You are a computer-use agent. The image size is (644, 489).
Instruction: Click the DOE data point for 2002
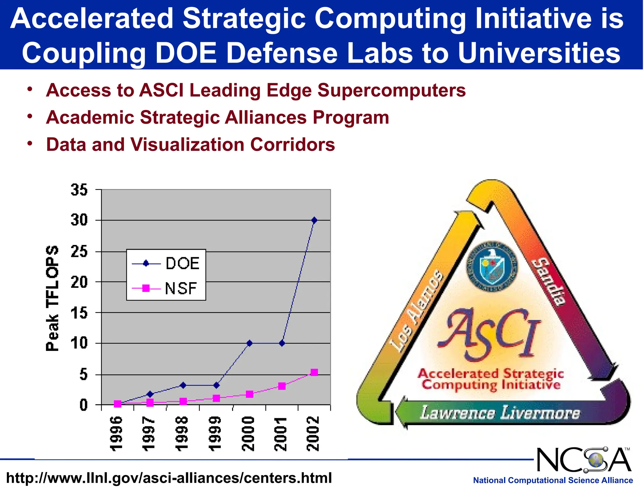point(314,220)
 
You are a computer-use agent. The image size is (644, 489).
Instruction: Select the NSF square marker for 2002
point(314,372)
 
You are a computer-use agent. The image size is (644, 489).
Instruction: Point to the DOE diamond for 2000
point(249,343)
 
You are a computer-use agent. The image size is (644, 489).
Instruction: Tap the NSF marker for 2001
point(282,386)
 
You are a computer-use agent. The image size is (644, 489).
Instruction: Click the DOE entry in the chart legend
point(182,263)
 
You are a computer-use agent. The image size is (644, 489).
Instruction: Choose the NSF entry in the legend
point(180,288)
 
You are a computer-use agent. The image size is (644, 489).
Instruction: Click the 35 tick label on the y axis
point(79,190)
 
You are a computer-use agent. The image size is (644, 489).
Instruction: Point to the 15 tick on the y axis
point(79,313)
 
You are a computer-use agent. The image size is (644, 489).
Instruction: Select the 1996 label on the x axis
point(116,434)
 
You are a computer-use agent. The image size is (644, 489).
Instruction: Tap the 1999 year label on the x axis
point(215,434)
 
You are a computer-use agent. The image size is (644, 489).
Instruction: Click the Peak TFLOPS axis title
point(52,298)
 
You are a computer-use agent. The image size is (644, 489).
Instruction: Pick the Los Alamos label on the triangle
point(417,311)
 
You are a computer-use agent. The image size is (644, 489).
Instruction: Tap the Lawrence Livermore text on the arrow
point(500,413)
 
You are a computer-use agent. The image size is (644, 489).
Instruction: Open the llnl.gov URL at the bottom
point(169,478)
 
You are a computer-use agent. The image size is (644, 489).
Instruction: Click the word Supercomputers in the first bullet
point(391,91)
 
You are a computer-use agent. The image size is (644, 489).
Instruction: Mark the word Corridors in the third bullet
point(292,145)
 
